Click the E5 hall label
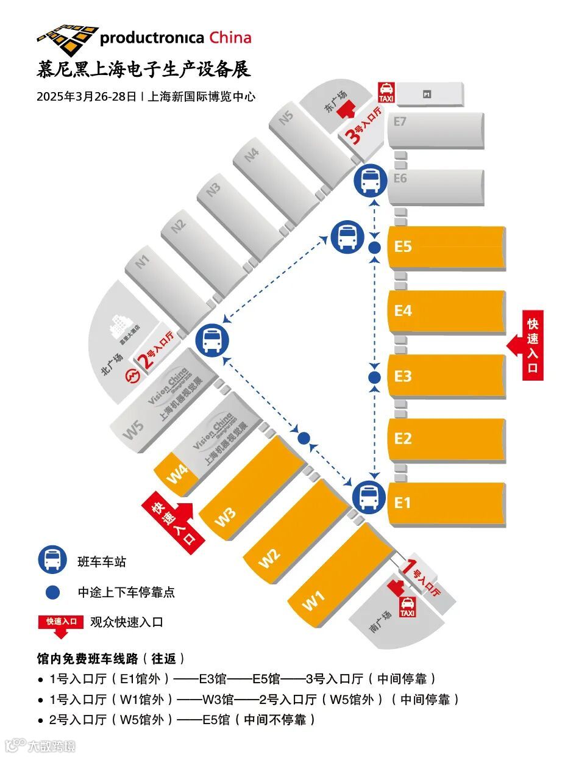pyautogui.click(x=404, y=247)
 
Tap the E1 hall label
pyautogui.click(x=403, y=503)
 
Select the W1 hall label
pyautogui.click(x=313, y=601)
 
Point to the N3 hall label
pyautogui.click(x=213, y=190)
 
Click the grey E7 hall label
pyautogui.click(x=400, y=122)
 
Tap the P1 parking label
pyautogui.click(x=427, y=95)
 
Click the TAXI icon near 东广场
pyautogui.click(x=386, y=93)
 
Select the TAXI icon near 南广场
pyautogui.click(x=407, y=606)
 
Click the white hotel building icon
pyautogui.click(x=118, y=329)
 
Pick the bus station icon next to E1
pyautogui.click(x=368, y=495)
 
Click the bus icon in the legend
pyautogui.click(x=53, y=559)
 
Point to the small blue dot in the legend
pyautogui.click(x=53, y=592)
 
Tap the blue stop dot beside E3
pyautogui.click(x=375, y=378)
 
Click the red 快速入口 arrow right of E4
pyautogui.click(x=525, y=346)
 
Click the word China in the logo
pyautogui.click(x=230, y=37)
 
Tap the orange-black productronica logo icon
pyautogui.click(x=67, y=38)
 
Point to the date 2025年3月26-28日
pyautogui.click(x=87, y=96)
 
